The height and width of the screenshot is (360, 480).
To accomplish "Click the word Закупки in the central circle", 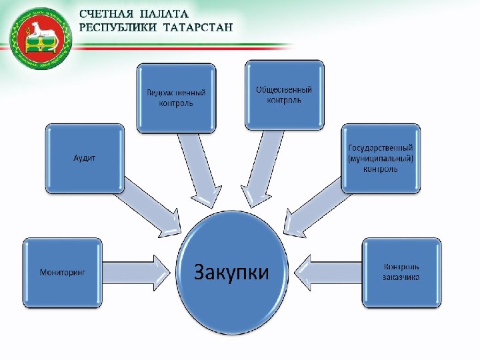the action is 231,272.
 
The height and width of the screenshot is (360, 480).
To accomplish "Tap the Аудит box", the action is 84,158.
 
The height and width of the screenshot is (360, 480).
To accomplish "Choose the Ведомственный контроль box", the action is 176,97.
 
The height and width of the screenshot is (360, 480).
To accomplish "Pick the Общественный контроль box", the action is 284,95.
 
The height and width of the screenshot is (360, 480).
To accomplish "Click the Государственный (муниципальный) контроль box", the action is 381,158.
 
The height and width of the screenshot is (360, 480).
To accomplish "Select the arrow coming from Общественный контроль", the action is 260,167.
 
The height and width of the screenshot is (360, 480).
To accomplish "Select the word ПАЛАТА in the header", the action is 164,14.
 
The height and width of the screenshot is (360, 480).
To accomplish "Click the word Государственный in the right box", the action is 381,147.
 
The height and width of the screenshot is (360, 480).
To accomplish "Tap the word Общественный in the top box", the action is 284,89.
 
